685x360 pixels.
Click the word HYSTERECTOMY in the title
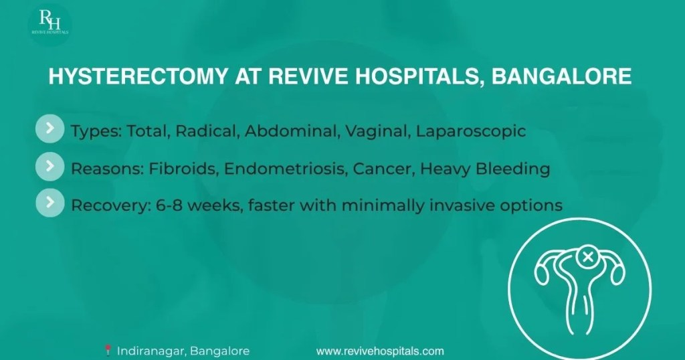pyautogui.click(x=138, y=76)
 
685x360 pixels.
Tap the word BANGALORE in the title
pyautogui.click(x=561, y=76)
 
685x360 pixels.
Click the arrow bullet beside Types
pyautogui.click(x=50, y=128)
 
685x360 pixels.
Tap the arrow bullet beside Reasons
pyautogui.click(x=50, y=166)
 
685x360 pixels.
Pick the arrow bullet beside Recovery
pyautogui.click(x=50, y=203)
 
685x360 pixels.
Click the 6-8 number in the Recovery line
pyautogui.click(x=172, y=205)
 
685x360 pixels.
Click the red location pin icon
pyautogui.click(x=108, y=351)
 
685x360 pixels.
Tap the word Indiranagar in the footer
pyautogui.click(x=153, y=351)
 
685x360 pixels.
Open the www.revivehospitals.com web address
pyautogui.click(x=380, y=351)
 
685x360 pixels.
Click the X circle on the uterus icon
pyautogui.click(x=589, y=258)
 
